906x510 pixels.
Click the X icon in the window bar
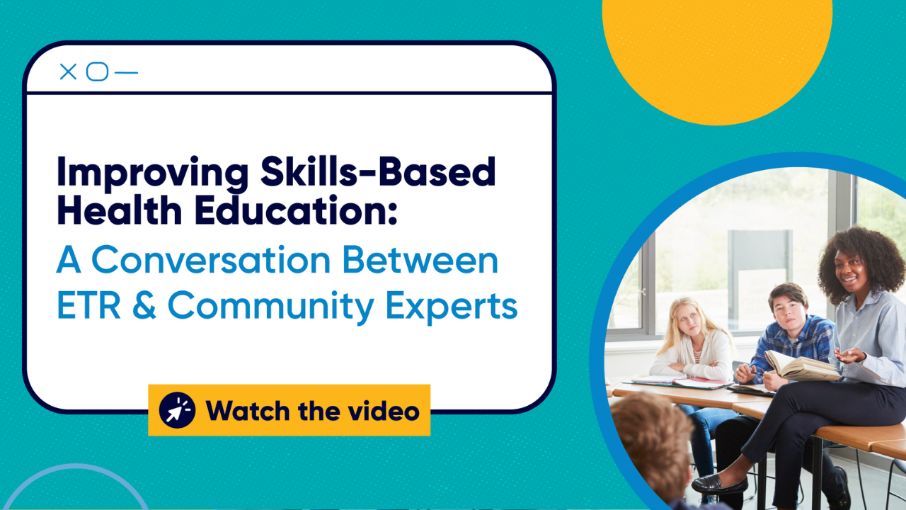pos(68,72)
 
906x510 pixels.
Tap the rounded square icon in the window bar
pos(97,72)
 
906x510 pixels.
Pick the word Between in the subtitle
pos(421,260)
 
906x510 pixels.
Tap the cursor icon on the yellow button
pos(177,410)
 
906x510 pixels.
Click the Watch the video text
pos(312,411)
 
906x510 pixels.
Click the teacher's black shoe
pos(718,484)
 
